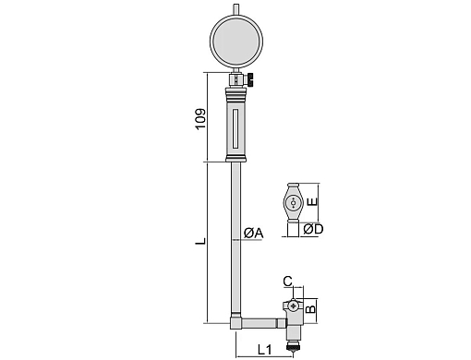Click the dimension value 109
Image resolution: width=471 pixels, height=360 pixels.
(x=200, y=119)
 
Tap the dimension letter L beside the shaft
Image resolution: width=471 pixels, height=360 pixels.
(x=200, y=241)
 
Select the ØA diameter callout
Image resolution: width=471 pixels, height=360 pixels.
(x=254, y=234)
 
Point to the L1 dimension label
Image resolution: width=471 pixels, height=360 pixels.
(x=264, y=350)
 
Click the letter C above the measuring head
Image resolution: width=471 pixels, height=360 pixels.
(x=287, y=282)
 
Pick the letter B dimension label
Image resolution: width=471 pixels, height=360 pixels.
(x=311, y=308)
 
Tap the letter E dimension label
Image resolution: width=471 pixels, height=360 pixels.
(x=312, y=201)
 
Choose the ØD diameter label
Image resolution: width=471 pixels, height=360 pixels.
(x=313, y=229)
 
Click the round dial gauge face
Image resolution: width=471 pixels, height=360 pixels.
(x=236, y=41)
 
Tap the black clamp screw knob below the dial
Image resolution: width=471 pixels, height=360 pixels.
(x=250, y=79)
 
